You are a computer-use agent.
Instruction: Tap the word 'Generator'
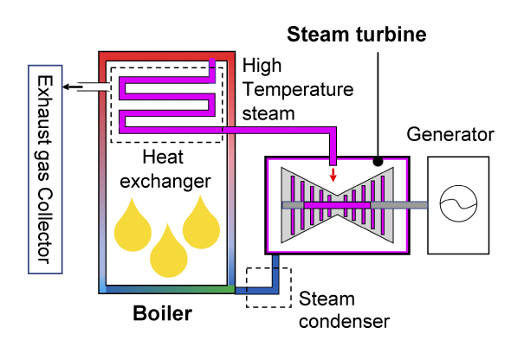(450, 135)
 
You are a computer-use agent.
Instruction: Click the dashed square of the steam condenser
(268, 286)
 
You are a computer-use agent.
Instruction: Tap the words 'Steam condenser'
(343, 310)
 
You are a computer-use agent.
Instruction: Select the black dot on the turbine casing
(378, 161)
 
